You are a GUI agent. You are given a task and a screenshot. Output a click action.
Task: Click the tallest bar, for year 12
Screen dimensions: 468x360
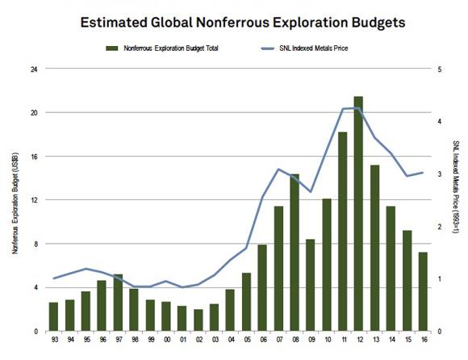[x=358, y=214]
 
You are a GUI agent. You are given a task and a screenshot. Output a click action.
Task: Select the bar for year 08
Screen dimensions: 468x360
[x=295, y=253]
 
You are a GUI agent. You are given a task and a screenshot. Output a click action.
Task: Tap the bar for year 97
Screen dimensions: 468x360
[x=118, y=303]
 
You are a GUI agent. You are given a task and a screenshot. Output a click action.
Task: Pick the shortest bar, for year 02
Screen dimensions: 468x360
[x=198, y=320]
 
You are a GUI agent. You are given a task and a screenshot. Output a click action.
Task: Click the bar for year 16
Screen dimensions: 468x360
[x=423, y=291]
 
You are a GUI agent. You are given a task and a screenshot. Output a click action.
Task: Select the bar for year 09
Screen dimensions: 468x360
[x=311, y=286]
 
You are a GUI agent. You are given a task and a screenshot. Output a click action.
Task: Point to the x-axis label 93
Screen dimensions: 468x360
[x=55, y=340]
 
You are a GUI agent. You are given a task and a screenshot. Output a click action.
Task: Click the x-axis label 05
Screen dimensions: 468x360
[x=247, y=340]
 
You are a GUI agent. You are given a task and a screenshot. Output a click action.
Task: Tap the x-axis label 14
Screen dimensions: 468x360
[x=392, y=340]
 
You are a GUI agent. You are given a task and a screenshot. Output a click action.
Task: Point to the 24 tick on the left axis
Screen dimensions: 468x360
[x=35, y=69]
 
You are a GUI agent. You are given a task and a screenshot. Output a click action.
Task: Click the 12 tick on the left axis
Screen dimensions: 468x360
[x=35, y=200]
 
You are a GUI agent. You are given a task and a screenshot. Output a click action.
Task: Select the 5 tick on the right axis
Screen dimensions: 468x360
[x=439, y=69]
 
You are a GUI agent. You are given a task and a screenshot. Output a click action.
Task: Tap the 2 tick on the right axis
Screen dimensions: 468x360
[x=439, y=227]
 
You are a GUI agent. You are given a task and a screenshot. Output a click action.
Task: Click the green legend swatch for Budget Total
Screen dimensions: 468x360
[x=112, y=48]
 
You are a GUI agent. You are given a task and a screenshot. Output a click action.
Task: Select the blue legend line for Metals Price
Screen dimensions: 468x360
[x=267, y=48]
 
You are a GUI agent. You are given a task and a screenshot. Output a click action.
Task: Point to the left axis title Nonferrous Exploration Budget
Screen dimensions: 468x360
[x=15, y=203]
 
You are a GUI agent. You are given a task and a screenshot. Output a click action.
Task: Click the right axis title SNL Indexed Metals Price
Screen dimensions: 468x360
[x=455, y=186]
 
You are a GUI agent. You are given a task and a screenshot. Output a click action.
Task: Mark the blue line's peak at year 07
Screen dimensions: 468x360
[x=278, y=170]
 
